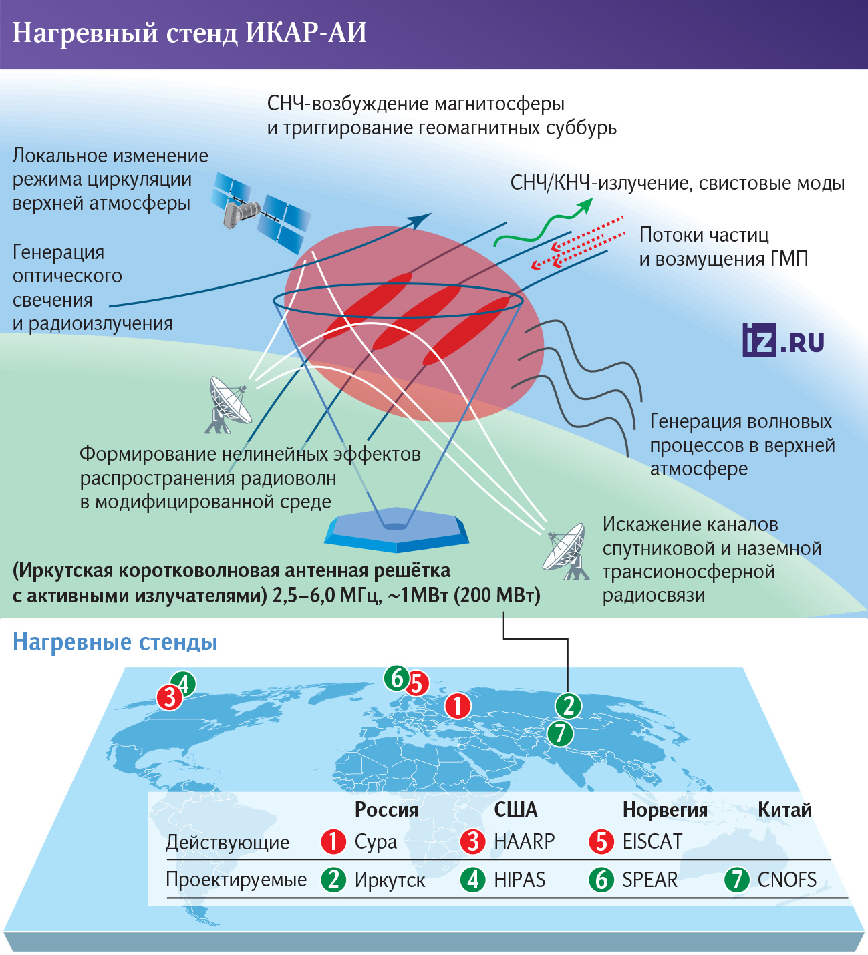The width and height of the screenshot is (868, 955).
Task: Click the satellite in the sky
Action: tap(261, 212)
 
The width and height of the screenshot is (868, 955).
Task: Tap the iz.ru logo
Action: tap(782, 340)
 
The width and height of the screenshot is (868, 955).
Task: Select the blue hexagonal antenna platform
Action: tap(396, 530)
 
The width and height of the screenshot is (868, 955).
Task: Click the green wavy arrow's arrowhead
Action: tap(585, 206)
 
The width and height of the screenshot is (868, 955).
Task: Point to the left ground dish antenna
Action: tap(229, 405)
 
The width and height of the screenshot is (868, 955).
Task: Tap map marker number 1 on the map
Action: tap(458, 705)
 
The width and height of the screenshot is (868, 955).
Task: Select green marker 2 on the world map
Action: tap(568, 705)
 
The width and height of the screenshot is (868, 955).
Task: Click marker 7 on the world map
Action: tap(560, 733)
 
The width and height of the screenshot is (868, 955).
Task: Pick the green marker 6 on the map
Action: tap(397, 678)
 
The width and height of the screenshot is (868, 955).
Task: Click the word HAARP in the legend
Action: tap(524, 842)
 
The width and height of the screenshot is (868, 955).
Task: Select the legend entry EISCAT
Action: tap(652, 842)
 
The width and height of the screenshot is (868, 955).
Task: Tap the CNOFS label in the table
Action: tap(787, 880)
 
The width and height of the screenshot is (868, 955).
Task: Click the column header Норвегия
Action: tap(665, 810)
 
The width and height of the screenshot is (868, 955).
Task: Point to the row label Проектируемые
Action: tap(237, 880)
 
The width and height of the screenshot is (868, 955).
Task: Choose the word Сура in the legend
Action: tap(376, 842)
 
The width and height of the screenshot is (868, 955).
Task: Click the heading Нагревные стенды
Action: tap(115, 642)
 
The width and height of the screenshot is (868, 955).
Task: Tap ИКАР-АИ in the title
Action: tap(306, 33)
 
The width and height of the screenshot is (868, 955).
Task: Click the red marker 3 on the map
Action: tap(170, 698)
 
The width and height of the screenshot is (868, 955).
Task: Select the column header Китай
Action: tap(784, 810)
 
